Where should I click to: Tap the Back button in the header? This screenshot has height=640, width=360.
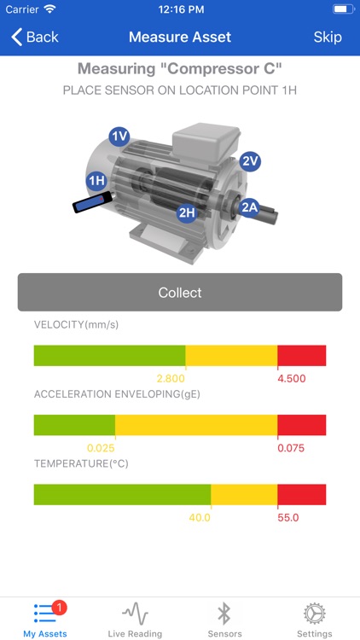35,38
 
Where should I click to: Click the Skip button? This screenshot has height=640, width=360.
328,38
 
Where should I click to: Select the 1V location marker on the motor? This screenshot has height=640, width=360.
120,137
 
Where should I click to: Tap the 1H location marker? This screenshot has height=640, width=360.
96,181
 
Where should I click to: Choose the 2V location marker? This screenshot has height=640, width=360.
250,162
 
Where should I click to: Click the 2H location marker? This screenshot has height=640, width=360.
187,212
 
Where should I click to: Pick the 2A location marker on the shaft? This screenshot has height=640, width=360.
250,207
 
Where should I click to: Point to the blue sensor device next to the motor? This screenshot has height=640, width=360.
92,202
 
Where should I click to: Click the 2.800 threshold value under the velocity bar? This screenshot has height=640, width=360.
171,379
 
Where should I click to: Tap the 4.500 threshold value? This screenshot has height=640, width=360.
292,379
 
